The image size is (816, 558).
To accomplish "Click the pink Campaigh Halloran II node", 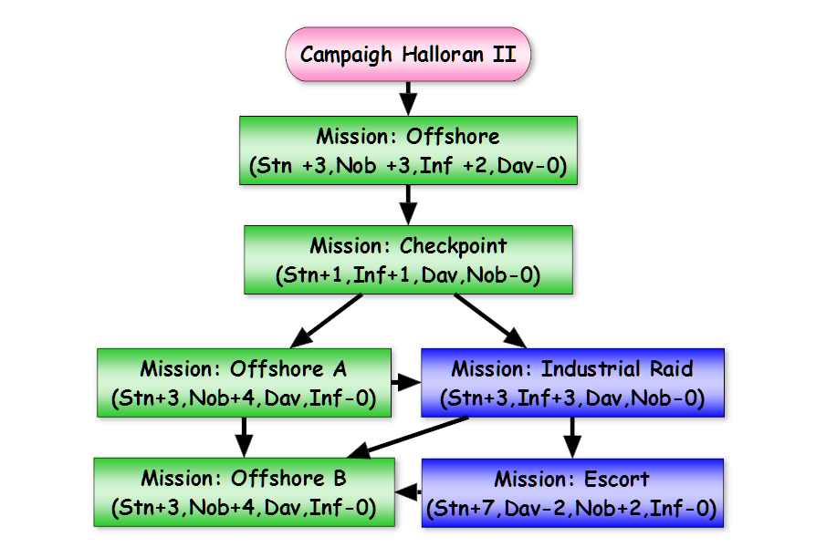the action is [x=408, y=54].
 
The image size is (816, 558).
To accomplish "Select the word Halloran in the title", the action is [x=443, y=54].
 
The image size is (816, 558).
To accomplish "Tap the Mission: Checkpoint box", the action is [x=409, y=260].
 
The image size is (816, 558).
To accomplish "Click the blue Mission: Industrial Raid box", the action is [x=572, y=383].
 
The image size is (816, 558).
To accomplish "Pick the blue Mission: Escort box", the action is [x=572, y=493].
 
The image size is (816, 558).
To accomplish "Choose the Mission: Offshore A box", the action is [x=244, y=383].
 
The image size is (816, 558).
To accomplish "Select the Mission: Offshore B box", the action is [x=244, y=492].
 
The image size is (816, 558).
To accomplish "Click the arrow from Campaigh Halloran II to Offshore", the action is [x=409, y=98].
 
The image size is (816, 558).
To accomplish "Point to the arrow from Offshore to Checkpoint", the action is [x=409, y=205].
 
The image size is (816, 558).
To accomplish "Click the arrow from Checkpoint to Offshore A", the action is [x=326, y=321].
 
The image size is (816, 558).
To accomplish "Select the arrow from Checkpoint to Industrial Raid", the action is [x=490, y=321].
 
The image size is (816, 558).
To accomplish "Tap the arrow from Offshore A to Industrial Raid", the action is [x=406, y=383].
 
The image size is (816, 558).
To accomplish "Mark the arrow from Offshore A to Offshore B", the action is [x=244, y=438].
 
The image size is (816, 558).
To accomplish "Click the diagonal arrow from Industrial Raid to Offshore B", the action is [x=407, y=438].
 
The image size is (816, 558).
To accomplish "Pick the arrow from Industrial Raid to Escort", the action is [x=572, y=438].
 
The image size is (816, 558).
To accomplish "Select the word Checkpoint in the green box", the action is [x=454, y=246].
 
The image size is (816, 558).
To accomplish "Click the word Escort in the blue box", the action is [x=617, y=479].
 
